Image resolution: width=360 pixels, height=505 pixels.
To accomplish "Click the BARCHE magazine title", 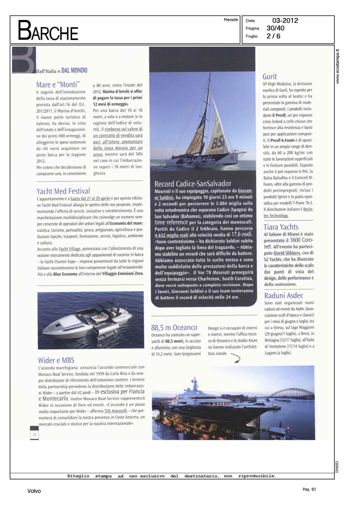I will tap(48, 31).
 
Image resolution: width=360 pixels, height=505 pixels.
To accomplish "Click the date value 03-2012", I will tap(285, 21).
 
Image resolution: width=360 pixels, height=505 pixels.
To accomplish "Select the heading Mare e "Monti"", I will tap(58, 85).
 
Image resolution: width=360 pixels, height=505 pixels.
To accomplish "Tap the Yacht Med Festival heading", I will tap(63, 191).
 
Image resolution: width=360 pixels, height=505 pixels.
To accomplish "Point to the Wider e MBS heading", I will tap(56, 360).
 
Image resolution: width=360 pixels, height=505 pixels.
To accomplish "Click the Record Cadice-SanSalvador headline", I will tap(193, 184).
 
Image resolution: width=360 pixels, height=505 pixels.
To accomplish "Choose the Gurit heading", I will tap(269, 76).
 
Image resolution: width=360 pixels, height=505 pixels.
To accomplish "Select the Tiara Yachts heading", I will tap(281, 227).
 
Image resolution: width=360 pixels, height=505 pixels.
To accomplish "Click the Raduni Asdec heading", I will tap(284, 296).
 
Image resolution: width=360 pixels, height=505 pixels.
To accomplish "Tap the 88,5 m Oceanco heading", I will tap(174, 328).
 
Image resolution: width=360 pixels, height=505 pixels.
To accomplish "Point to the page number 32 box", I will tap(34, 434).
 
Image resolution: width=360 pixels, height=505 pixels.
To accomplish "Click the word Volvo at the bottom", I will tap(34, 491).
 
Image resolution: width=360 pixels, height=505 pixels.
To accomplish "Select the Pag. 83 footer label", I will tap(309, 489).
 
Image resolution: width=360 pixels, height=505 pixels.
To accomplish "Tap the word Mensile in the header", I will tap(231, 20).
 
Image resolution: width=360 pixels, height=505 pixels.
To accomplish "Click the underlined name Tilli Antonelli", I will tap(116, 411).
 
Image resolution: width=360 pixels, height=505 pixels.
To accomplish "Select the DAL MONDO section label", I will tap(74, 70).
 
